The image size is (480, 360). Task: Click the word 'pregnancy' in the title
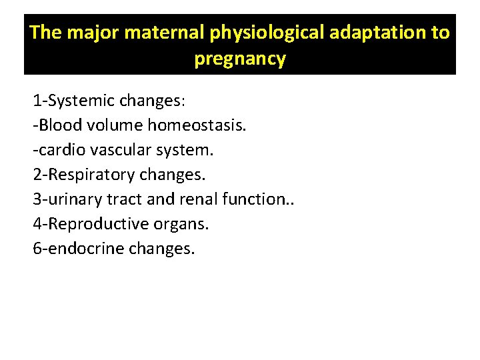(x=240, y=59)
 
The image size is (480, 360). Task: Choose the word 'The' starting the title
(x=45, y=32)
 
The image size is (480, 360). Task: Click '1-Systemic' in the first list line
(x=73, y=102)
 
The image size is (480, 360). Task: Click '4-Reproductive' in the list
(x=84, y=224)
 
